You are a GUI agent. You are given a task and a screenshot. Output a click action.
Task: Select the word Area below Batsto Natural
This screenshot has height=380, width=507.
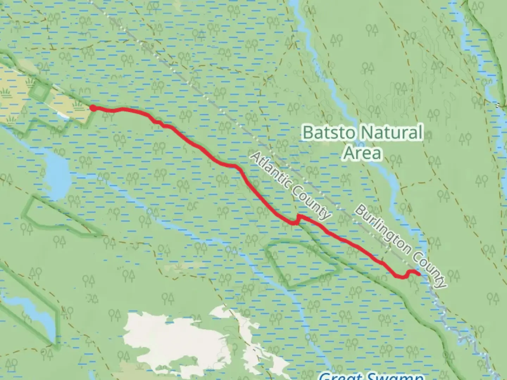362,153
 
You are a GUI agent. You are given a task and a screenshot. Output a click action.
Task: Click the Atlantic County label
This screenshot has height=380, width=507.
291,185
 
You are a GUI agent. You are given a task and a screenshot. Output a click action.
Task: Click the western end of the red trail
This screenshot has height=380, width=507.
93,108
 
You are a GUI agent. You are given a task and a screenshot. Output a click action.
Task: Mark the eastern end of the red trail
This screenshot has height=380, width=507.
419,274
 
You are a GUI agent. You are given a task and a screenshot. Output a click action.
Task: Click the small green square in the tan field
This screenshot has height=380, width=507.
39,92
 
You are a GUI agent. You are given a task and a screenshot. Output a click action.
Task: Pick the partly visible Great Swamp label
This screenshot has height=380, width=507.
370,376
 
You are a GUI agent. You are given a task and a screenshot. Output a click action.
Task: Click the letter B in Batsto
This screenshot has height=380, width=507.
308,133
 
